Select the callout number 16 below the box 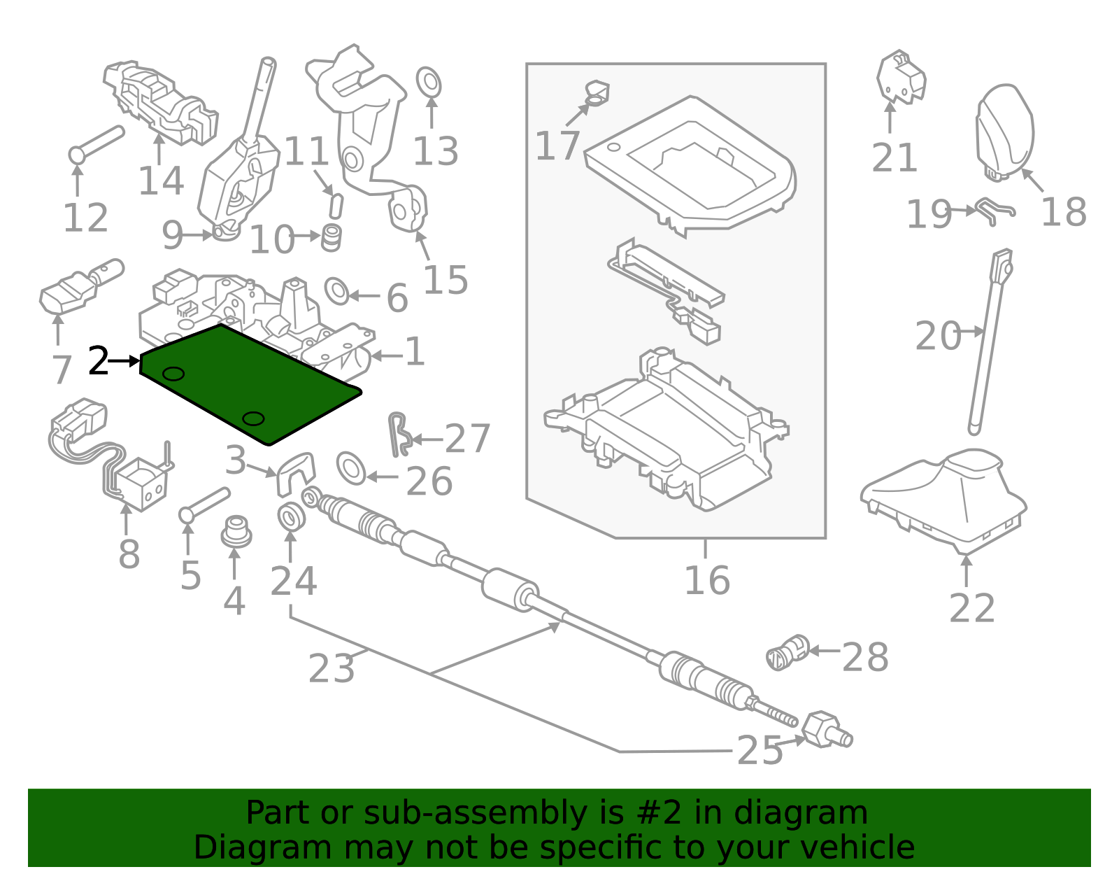tap(706, 581)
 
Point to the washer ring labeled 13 tap(428, 83)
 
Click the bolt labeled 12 tap(97, 142)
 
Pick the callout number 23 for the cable tap(332, 668)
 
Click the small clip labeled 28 tap(787, 652)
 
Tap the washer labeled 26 tap(351, 468)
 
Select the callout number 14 tap(161, 181)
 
